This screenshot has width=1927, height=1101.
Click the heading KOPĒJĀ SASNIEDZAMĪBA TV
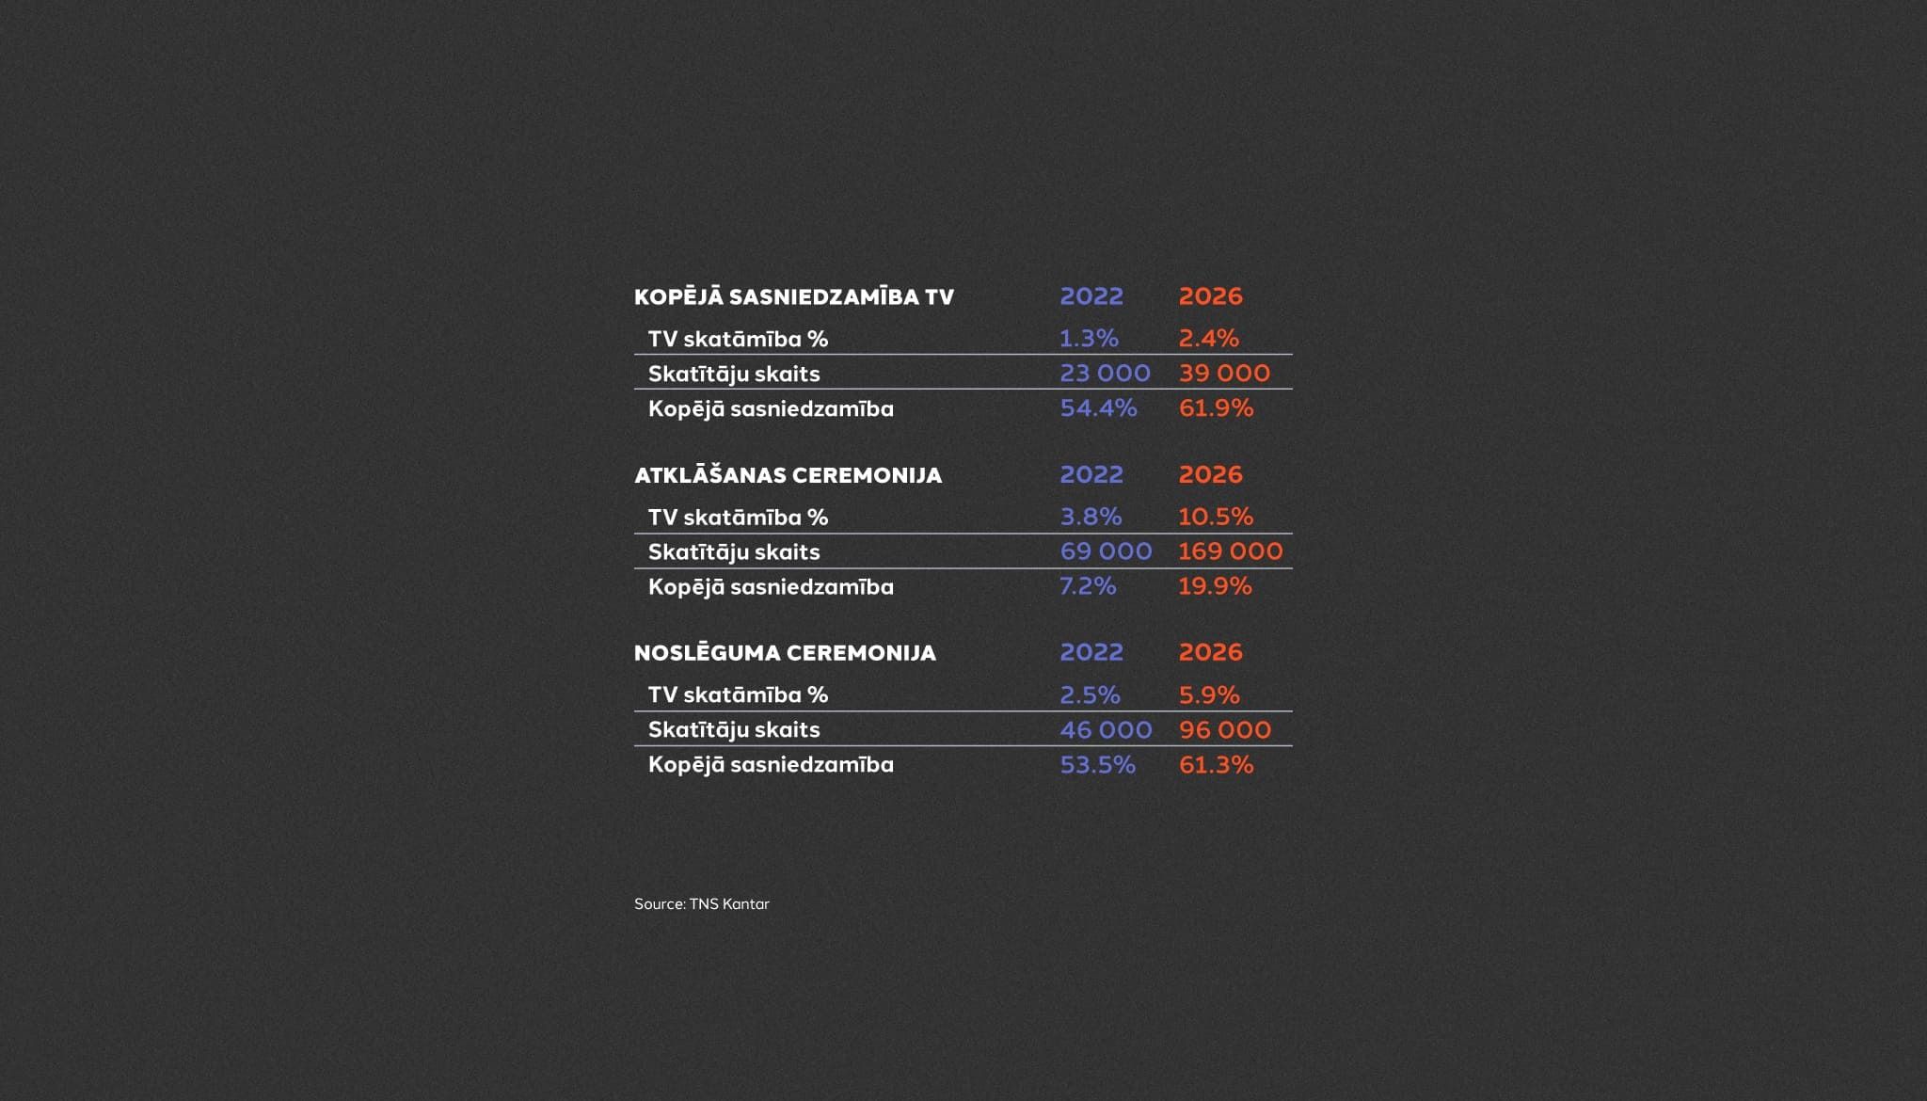pyautogui.click(x=793, y=297)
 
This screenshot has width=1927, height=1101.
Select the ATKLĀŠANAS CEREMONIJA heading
pyautogui.click(x=788, y=475)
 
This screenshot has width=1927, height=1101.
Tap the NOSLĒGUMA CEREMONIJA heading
pyautogui.click(x=785, y=653)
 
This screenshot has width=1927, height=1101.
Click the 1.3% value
pyautogui.click(x=1089, y=338)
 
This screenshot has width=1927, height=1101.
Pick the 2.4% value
pyautogui.click(x=1208, y=338)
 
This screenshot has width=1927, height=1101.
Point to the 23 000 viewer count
pyautogui.click(x=1105, y=374)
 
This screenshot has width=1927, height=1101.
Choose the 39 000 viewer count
pyautogui.click(x=1224, y=374)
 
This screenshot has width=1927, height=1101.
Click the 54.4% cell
pyautogui.click(x=1098, y=408)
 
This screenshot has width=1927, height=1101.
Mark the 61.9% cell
pyautogui.click(x=1216, y=408)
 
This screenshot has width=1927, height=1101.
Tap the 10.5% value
pyautogui.click(x=1216, y=517)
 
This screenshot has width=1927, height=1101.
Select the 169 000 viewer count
pyautogui.click(x=1230, y=551)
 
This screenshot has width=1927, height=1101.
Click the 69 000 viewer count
pyautogui.click(x=1106, y=551)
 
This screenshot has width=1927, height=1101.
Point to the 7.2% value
pyautogui.click(x=1088, y=586)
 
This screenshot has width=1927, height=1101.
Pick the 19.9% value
pyautogui.click(x=1215, y=586)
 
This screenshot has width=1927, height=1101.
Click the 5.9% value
pyautogui.click(x=1209, y=695)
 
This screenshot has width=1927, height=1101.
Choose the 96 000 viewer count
pyautogui.click(x=1224, y=730)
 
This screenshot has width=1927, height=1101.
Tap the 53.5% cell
pyautogui.click(x=1097, y=765)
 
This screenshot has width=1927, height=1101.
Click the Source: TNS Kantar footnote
pyautogui.click(x=701, y=904)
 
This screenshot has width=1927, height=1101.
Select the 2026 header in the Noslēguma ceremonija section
pyautogui.click(x=1210, y=652)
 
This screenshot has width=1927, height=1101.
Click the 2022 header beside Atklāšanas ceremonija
pyautogui.click(x=1091, y=474)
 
